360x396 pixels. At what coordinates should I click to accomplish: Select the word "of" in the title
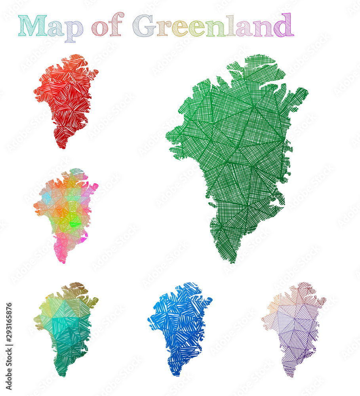click(x=107, y=26)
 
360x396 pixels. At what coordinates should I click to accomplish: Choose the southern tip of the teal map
click(x=61, y=374)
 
